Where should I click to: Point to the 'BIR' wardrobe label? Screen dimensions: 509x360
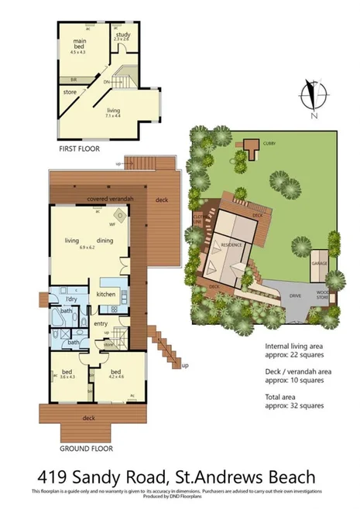[x=74, y=79]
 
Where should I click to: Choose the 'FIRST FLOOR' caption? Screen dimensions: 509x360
[x=79, y=149]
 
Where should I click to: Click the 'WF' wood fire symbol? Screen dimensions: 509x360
[x=112, y=224]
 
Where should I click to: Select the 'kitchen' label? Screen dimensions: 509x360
[x=106, y=295]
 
